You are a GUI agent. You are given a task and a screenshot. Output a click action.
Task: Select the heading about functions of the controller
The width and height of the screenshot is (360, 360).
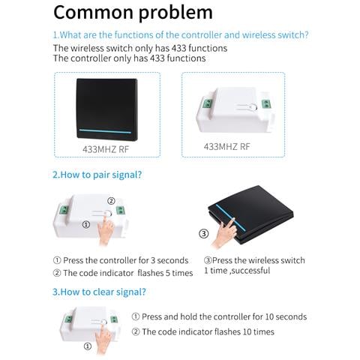[x=181, y=35]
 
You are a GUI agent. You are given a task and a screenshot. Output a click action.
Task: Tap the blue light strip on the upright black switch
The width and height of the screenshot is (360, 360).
[x=105, y=131]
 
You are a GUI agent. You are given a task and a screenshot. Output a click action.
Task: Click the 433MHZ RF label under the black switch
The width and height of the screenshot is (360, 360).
[x=106, y=149]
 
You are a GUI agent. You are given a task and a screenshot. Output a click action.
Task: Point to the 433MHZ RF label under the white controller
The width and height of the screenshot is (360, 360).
[x=226, y=147]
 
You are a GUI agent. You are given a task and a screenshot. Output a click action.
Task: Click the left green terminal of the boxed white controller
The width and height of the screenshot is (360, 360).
[x=207, y=103]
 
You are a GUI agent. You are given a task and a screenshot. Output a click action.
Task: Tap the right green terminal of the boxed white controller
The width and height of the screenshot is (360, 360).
[x=266, y=104]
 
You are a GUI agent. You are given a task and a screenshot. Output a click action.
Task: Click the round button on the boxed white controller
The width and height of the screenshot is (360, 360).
[x=253, y=107]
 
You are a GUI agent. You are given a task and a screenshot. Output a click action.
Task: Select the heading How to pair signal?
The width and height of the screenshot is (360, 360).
[x=97, y=175]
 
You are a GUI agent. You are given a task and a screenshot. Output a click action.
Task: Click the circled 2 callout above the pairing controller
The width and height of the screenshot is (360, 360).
[x=111, y=201]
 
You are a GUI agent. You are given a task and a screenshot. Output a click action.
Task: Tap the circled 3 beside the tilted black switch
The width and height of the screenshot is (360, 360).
[x=203, y=234]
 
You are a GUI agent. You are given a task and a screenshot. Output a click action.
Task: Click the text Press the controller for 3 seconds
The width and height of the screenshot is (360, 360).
[x=126, y=260]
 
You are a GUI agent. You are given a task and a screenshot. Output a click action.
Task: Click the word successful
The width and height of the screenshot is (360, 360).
[x=250, y=271]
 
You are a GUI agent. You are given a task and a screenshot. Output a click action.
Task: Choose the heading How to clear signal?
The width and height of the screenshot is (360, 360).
[x=99, y=292]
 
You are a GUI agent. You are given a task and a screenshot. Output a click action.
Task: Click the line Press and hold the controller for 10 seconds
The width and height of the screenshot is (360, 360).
[x=219, y=316]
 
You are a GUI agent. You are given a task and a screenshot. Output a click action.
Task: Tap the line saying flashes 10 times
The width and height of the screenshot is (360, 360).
[x=203, y=331]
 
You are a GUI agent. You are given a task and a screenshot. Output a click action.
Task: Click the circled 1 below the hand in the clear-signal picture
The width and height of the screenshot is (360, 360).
[x=88, y=346]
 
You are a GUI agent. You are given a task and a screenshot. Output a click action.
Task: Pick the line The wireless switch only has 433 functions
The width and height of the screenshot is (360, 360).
[x=140, y=48]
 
